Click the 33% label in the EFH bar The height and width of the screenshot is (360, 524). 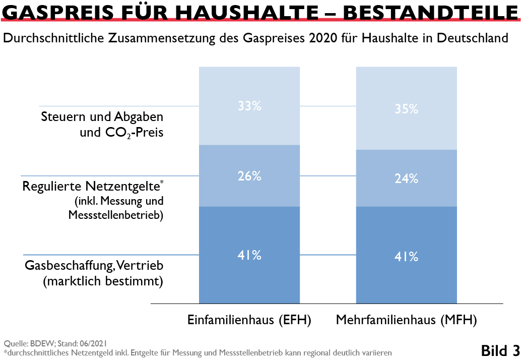tap(249, 106)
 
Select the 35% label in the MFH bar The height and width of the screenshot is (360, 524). tap(407, 109)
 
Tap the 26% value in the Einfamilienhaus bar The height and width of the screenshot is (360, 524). tap(249, 176)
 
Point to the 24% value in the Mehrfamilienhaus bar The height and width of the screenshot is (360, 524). tap(407, 178)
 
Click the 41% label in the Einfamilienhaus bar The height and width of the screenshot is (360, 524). tap(249, 255)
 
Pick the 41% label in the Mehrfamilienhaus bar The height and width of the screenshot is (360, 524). tap(407, 257)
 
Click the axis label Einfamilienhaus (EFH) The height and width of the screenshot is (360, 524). tap(249, 320)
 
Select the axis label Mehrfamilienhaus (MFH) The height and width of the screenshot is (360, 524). tap(406, 320)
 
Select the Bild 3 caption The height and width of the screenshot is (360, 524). tap(500, 350)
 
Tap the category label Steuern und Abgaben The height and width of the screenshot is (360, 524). tap(102, 117)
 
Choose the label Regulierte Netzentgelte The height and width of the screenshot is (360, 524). tap(91, 187)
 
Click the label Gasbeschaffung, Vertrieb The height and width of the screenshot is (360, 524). tap(94, 265)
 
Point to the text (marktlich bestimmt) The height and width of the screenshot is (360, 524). tap(103, 281)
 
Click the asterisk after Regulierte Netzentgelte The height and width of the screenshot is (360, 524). tap(162, 182)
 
